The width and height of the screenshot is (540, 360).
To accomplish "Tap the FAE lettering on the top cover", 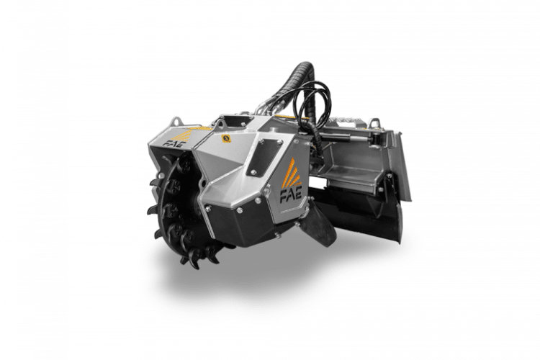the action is click(175, 143).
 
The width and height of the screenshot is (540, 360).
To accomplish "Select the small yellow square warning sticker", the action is click(226, 138).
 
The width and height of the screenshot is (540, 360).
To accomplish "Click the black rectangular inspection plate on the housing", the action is click(264, 157).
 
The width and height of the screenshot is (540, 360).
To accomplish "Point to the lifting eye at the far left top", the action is click(176, 122).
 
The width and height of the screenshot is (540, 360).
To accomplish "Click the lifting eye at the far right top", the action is click(374, 123).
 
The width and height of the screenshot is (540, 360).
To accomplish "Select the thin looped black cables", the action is click(315, 104).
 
